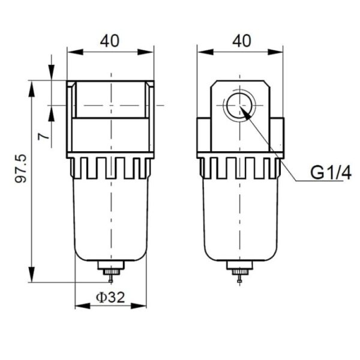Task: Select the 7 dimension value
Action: pyautogui.click(x=43, y=136)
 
